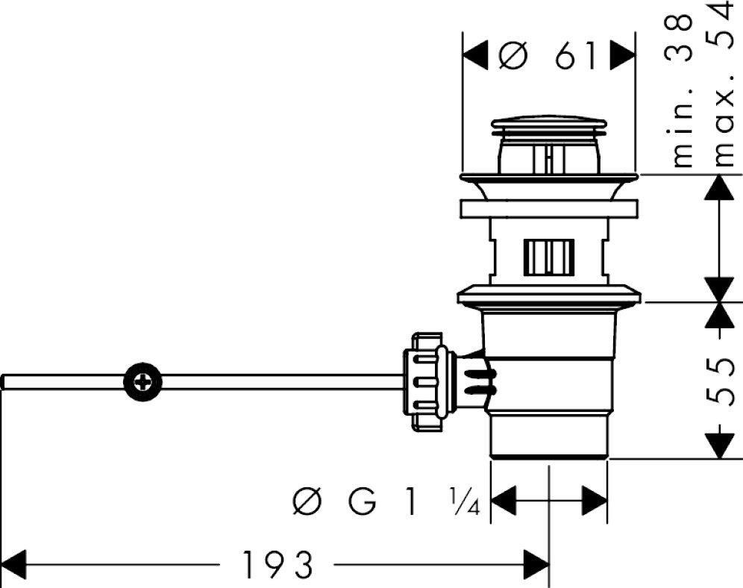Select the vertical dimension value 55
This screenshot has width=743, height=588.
pyautogui.click(x=719, y=381)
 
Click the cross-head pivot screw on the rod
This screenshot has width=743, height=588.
pyautogui.click(x=142, y=382)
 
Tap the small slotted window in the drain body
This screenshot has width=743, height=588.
pyautogui.click(x=549, y=257)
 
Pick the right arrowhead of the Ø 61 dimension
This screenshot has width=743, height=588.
pyautogui.click(x=624, y=54)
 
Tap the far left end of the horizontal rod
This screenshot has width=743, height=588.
pyautogui.click(x=4, y=382)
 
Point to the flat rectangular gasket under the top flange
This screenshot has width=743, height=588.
pyautogui.click(x=549, y=208)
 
